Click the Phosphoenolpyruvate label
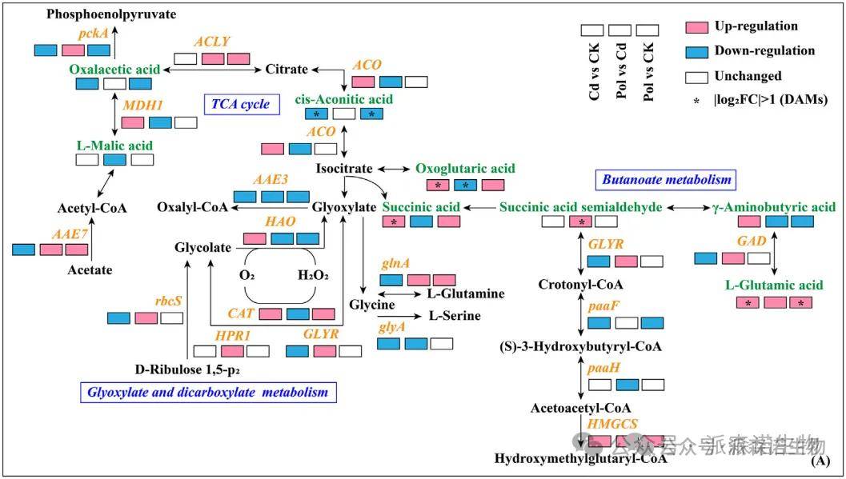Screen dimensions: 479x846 pos(111,14)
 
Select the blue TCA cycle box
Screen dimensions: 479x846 pos(241,104)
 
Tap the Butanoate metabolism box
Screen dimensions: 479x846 pos(667,180)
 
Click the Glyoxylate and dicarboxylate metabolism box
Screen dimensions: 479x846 pos(209,392)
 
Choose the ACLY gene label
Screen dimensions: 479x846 pos(212,42)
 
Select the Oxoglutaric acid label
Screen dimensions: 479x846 pos(465,169)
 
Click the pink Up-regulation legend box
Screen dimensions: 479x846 pos(698,27)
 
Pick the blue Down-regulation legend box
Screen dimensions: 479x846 pos(698,51)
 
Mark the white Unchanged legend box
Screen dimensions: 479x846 pos(698,77)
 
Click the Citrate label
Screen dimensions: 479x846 pos(286,70)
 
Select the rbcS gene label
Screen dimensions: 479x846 pos(168,301)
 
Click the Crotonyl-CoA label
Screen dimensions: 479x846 pos(580,285)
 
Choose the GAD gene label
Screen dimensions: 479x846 pos(752,241)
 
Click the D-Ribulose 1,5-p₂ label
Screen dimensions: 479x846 pos(187,369)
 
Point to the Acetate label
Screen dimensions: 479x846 pos(90,270)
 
